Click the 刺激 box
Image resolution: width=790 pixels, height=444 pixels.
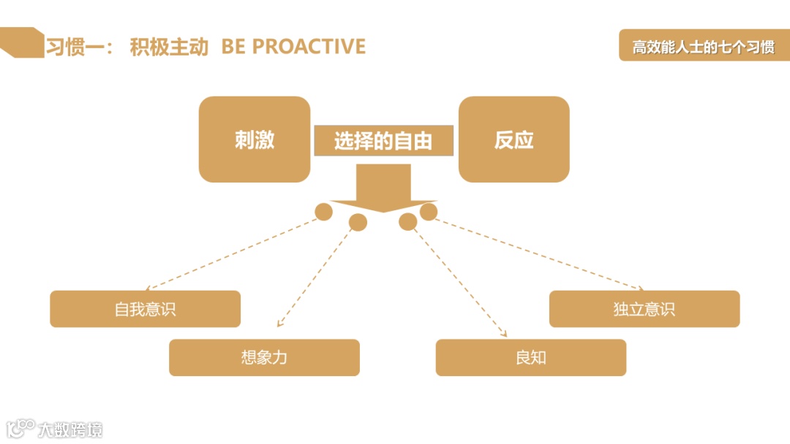pos(255,139)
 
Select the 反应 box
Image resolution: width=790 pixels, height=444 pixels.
pos(513,139)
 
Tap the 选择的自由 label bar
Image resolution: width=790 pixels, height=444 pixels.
pos(383,141)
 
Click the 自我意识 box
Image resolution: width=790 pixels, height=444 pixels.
pos(145,309)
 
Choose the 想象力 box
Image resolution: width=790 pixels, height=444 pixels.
pos(264,358)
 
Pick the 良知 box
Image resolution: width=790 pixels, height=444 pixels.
pos(530,358)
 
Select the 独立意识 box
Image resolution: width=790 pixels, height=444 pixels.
pos(644,309)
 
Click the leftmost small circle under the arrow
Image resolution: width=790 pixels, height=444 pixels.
pos(323,212)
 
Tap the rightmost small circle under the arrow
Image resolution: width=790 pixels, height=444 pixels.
pos(429,212)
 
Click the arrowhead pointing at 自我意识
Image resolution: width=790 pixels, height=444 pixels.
pos(149,288)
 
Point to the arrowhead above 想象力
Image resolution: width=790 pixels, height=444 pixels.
pos(279,325)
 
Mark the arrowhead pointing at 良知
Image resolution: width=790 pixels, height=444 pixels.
pos(504,334)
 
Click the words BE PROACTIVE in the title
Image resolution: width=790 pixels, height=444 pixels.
pos(293,47)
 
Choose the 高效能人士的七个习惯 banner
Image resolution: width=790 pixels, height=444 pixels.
pos(704,47)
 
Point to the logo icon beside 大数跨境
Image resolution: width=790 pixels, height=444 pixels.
pos(20,428)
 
